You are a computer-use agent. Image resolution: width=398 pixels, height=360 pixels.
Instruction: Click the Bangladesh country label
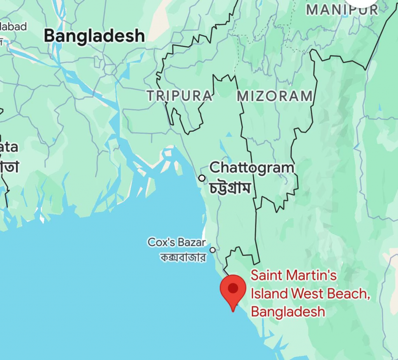[94, 36]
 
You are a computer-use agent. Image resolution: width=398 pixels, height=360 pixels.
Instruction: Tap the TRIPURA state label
[180, 96]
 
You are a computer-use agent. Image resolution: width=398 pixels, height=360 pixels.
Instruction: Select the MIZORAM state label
[275, 96]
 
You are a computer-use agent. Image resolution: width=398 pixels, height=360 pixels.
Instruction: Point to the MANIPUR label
[342, 10]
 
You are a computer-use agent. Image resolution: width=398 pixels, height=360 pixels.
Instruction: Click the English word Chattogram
[252, 168]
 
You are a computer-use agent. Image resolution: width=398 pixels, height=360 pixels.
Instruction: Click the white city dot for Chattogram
[202, 178]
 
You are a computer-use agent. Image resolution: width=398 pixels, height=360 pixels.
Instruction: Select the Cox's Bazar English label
[177, 242]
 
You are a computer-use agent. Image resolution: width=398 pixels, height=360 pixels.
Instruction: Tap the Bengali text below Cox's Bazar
[183, 257]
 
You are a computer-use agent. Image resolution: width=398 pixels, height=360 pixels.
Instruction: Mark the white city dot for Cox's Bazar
[213, 250]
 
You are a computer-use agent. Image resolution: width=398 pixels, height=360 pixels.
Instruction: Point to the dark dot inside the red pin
[233, 288]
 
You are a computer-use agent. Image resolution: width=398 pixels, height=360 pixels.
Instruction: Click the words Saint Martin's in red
[293, 275]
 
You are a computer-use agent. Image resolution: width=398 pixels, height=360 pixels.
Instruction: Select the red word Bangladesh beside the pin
[288, 311]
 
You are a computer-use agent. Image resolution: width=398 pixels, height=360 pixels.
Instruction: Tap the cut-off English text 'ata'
[9, 147]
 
